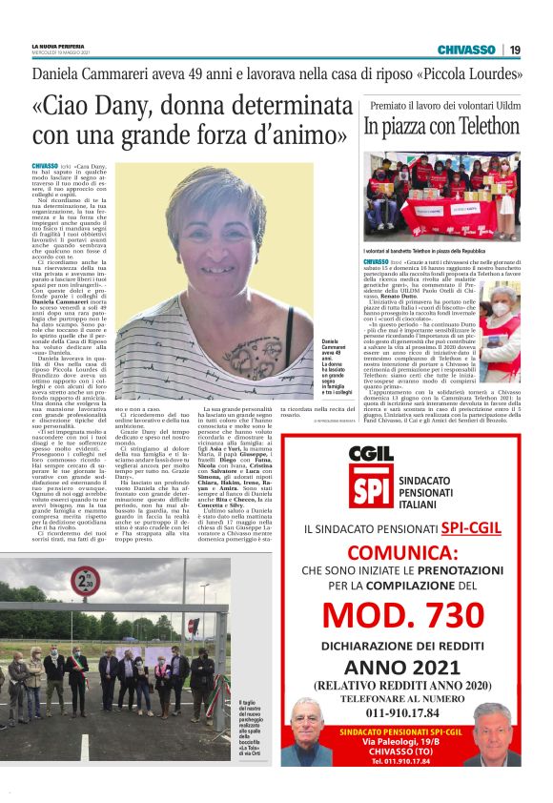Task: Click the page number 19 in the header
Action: coord(514,50)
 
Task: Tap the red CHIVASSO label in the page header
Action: coord(472,50)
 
